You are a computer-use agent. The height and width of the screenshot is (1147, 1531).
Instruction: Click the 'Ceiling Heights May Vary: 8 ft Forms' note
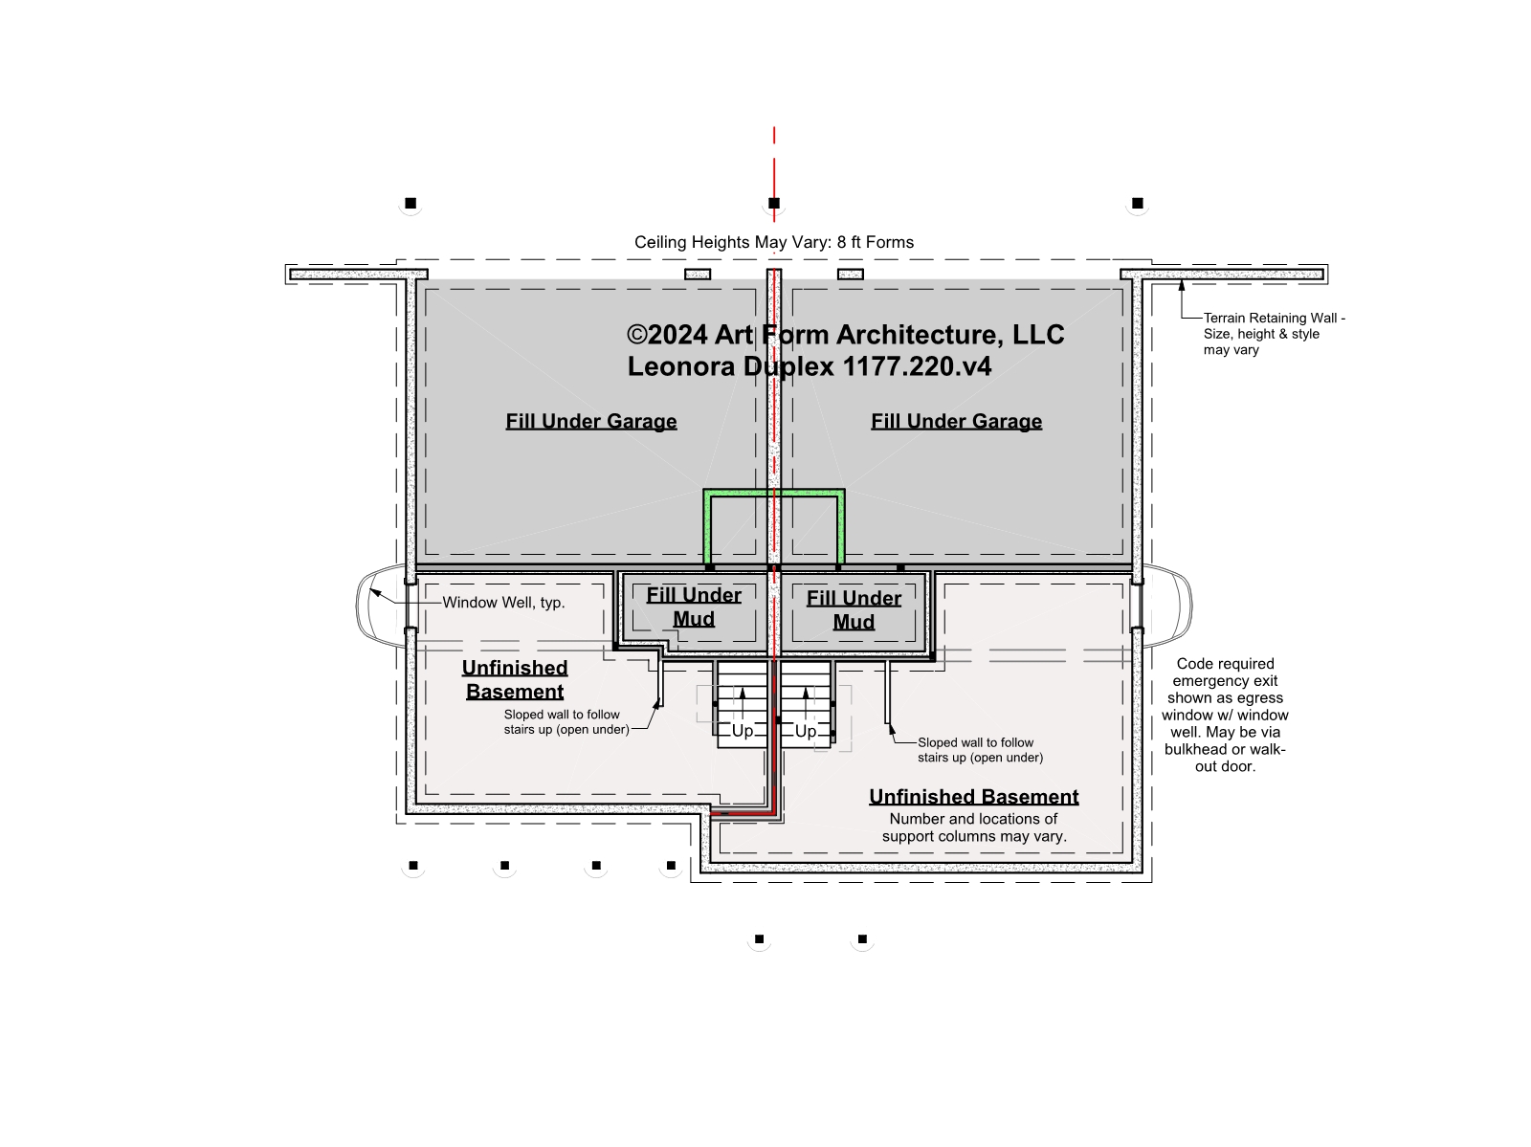pos(773,242)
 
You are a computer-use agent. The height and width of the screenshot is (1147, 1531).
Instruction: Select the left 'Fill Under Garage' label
pos(590,421)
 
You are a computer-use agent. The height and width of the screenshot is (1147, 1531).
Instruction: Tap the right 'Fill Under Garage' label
pos(956,421)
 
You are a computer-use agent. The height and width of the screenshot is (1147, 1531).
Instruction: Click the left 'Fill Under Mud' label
pos(694,607)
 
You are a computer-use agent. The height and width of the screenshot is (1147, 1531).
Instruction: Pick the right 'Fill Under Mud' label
pos(854,610)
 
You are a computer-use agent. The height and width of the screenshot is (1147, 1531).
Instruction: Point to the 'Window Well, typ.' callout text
pos(503,603)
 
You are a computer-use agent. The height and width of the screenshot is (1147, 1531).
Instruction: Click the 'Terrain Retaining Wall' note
pos(1274,334)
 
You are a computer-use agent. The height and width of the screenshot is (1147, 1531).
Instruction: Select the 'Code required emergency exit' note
pos(1225,715)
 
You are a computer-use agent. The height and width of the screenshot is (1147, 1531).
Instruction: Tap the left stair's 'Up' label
pos(743,731)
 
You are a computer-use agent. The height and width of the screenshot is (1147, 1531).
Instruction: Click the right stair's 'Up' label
pos(806,731)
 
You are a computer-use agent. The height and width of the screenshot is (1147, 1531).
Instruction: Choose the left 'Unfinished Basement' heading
pos(515,680)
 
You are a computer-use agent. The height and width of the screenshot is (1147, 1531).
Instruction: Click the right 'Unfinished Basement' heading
pos(974,797)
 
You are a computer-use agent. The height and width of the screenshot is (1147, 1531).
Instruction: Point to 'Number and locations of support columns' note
pos(974,827)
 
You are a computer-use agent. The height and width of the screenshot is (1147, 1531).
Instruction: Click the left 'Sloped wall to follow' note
pos(566,722)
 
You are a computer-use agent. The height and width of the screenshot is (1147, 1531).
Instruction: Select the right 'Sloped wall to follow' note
pos(980,750)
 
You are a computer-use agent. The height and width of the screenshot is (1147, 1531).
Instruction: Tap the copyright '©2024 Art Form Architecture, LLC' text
pos(845,335)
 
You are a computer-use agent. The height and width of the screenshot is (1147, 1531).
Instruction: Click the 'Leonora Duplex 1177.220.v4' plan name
pos(810,366)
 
